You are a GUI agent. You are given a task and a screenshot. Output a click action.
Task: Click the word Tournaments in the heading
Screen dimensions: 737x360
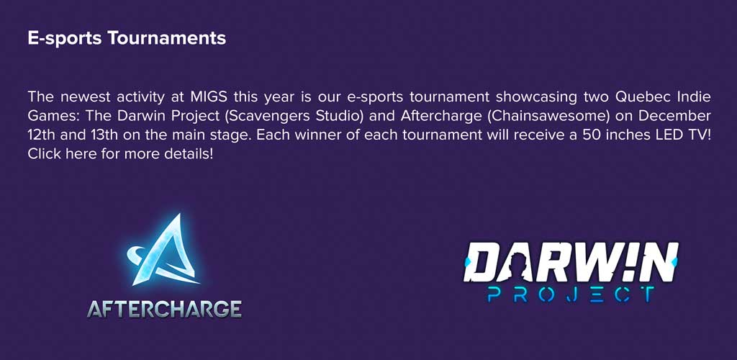pos(166,39)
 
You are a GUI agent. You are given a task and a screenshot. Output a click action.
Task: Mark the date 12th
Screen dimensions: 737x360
pos(40,135)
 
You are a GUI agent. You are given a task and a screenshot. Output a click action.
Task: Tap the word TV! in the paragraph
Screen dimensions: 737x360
pos(696,135)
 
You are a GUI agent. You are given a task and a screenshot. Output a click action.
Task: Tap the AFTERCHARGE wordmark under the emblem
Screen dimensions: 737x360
pos(165,309)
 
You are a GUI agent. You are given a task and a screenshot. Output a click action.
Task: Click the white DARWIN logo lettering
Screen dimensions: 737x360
pos(571,262)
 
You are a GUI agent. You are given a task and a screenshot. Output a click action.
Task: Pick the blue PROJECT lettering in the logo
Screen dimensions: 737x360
pos(571,294)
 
